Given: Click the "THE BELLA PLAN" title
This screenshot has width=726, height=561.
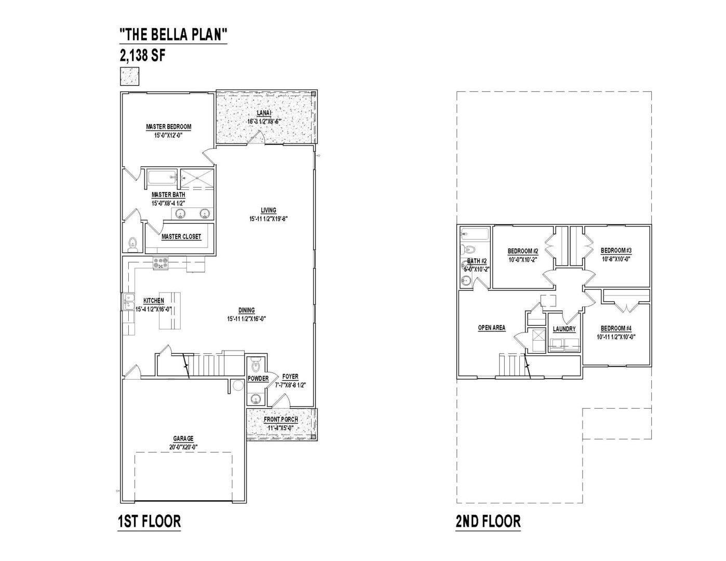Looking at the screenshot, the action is (173, 34).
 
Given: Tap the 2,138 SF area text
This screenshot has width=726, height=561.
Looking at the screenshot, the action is (142, 55).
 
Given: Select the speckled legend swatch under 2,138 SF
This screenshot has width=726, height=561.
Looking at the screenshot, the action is (129, 76).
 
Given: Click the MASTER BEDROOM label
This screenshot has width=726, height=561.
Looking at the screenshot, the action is (169, 127).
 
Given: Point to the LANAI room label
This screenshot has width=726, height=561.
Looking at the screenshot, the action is (264, 113).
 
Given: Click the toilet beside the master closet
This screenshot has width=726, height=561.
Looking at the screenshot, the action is (132, 245).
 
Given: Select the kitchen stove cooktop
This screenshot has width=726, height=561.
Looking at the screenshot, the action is (160, 263).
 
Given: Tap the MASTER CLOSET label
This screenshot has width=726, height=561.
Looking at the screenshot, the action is (181, 236).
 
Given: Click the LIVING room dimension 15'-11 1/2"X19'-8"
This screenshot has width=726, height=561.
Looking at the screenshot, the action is (268, 219).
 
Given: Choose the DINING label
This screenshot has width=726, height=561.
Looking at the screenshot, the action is (247, 310).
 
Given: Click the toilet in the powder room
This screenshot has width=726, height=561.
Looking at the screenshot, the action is (256, 365).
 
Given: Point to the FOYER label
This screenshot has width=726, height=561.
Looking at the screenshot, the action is (290, 376).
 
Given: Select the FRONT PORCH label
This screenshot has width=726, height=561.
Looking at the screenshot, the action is (281, 419).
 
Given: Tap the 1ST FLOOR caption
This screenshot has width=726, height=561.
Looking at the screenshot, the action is (150, 521).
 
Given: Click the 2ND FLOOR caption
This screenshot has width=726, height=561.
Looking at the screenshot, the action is (488, 521).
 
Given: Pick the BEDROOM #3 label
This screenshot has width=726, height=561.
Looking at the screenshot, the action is (616, 250).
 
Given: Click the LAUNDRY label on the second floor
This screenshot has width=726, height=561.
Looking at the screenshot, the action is (564, 329).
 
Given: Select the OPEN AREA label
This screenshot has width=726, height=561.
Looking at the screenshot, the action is (492, 328).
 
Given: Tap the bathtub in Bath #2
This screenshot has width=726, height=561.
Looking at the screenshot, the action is (475, 234).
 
